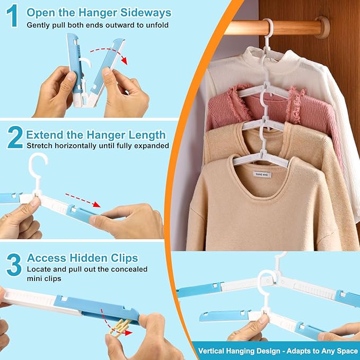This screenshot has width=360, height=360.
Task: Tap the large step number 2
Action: coord(14,137)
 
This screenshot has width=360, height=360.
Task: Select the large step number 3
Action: coord(14,264)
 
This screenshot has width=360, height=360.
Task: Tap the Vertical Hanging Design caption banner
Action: coord(276,350)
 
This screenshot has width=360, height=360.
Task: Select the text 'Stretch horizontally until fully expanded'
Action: coord(98,146)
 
